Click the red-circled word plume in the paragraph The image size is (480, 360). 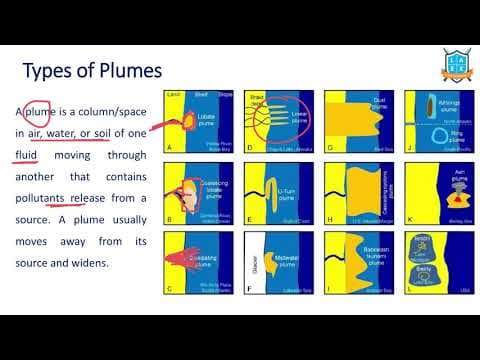point(37,110)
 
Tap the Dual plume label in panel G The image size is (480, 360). point(379,101)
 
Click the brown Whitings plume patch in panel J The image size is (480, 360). point(430,106)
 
